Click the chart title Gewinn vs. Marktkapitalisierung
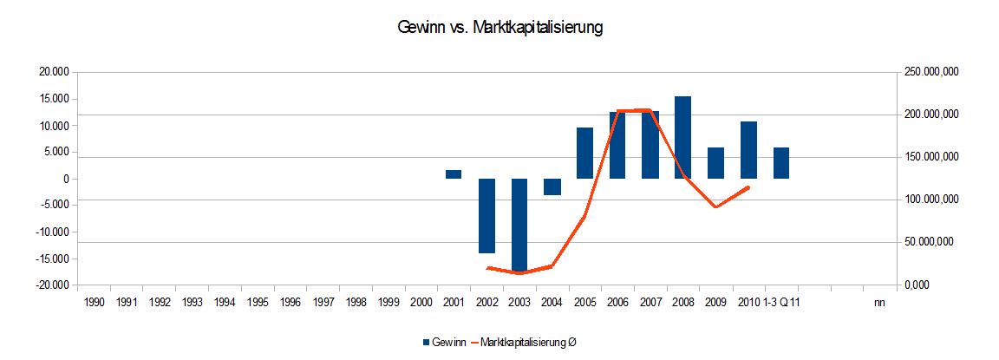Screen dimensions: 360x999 click(x=499, y=28)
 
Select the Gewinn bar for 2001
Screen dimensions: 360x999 click(x=454, y=174)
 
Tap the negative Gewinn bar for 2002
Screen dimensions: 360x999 click(x=486, y=216)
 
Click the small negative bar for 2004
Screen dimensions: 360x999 click(x=552, y=187)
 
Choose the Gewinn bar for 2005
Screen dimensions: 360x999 click(x=584, y=153)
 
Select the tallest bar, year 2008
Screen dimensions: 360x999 click(x=682, y=137)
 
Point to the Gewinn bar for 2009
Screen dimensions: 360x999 click(x=715, y=163)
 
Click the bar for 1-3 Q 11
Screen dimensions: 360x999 click(x=780, y=163)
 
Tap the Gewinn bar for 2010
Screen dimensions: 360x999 click(x=748, y=150)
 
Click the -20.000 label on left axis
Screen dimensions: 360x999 click(x=52, y=285)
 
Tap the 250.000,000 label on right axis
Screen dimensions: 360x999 click(x=929, y=73)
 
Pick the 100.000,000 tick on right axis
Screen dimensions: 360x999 click(x=929, y=200)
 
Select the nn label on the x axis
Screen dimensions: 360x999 click(x=879, y=302)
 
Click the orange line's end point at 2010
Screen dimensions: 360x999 click(x=748, y=187)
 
